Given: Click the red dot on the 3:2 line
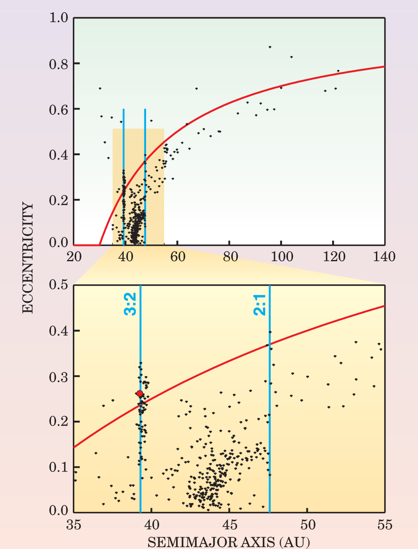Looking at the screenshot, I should [x=140, y=394].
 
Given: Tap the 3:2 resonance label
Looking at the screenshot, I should [x=130, y=304].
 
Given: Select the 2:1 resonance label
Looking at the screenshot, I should [x=260, y=305].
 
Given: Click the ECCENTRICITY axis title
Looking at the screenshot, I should [x=27, y=258].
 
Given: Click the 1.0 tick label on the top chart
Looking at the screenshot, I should [x=59, y=18].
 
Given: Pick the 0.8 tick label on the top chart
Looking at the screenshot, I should [x=59, y=64].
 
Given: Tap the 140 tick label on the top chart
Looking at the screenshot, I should [x=384, y=256].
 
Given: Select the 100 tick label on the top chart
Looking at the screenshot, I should [x=281, y=256].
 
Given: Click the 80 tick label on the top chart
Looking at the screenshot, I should [x=229, y=256].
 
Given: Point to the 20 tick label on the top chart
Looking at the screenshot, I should [x=74, y=256].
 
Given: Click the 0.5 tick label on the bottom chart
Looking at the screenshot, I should [x=59, y=285].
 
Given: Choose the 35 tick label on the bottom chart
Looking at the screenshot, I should [x=74, y=525].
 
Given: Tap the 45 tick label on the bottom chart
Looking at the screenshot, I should [x=229, y=525].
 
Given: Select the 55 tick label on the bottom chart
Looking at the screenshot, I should [x=385, y=525].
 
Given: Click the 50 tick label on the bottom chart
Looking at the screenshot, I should [x=307, y=525].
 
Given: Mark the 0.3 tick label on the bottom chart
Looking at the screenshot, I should [x=59, y=376].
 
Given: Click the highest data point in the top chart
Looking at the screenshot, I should [x=270, y=47].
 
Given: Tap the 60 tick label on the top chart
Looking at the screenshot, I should [x=178, y=256].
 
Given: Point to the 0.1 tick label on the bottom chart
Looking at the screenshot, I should [x=59, y=467].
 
